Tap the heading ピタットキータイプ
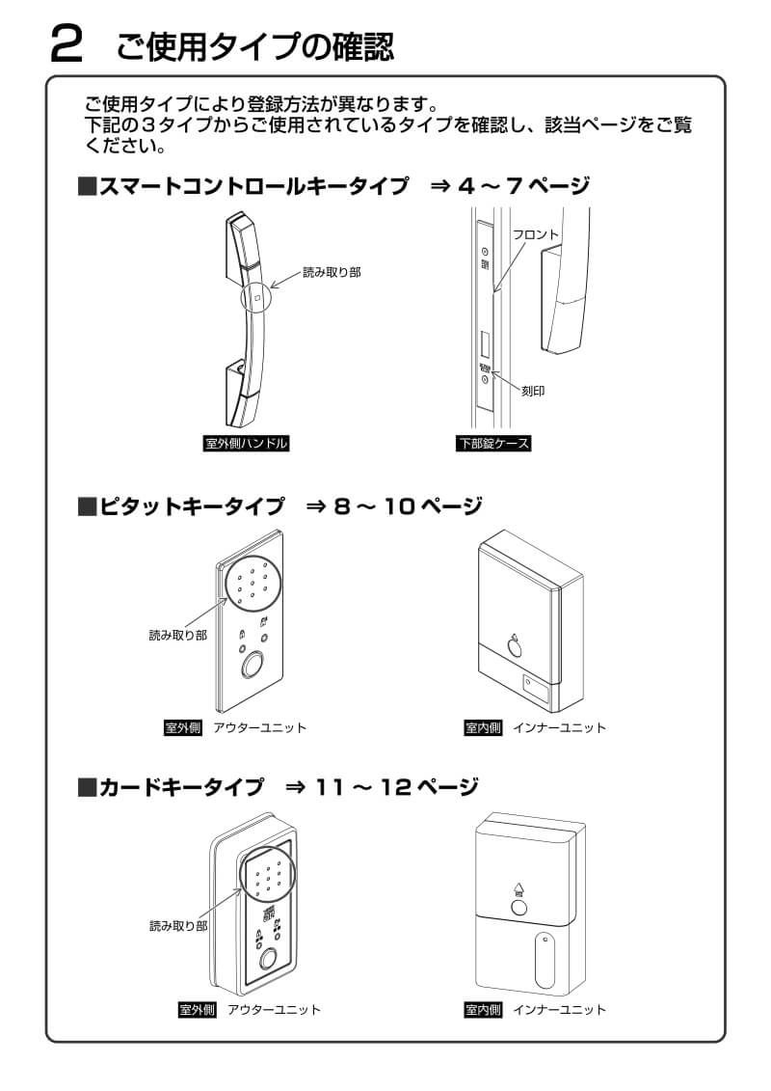coord(192,505)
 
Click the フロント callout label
coord(536,234)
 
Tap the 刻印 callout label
coord(533,392)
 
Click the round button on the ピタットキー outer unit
coord(253,666)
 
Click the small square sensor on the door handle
coord(257,299)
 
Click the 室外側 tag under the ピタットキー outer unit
coord(182,727)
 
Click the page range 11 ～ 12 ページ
coord(397,787)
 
